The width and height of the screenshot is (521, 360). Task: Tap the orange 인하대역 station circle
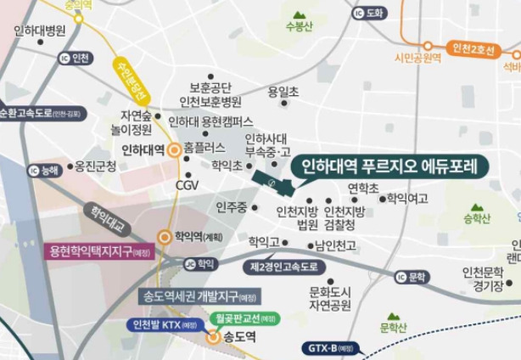click(174, 150)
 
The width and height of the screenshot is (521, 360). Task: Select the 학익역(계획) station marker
click(164, 238)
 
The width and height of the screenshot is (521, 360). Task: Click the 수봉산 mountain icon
click(300, 15)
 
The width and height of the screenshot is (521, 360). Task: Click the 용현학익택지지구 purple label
click(98, 252)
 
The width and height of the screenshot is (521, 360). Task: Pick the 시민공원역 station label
click(418, 58)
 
